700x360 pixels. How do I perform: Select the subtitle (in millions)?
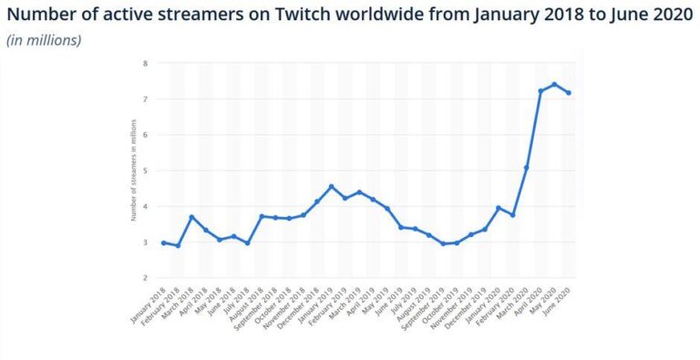44,40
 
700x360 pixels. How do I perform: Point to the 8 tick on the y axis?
145,63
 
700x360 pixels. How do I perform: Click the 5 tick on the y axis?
145,170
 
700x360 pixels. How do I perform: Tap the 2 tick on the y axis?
145,278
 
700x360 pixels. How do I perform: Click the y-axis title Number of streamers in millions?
133,170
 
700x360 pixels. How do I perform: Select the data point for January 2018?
163,242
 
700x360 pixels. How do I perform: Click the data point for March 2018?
191,217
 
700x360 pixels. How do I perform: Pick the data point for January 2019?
332,186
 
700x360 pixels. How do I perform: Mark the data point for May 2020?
554,84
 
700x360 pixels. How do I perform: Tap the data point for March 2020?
526,168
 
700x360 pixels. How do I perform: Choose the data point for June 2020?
568,92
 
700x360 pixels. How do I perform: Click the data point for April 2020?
540,90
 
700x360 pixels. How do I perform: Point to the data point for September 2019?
443,243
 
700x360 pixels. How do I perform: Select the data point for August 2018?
262,216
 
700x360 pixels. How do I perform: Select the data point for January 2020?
498,208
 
